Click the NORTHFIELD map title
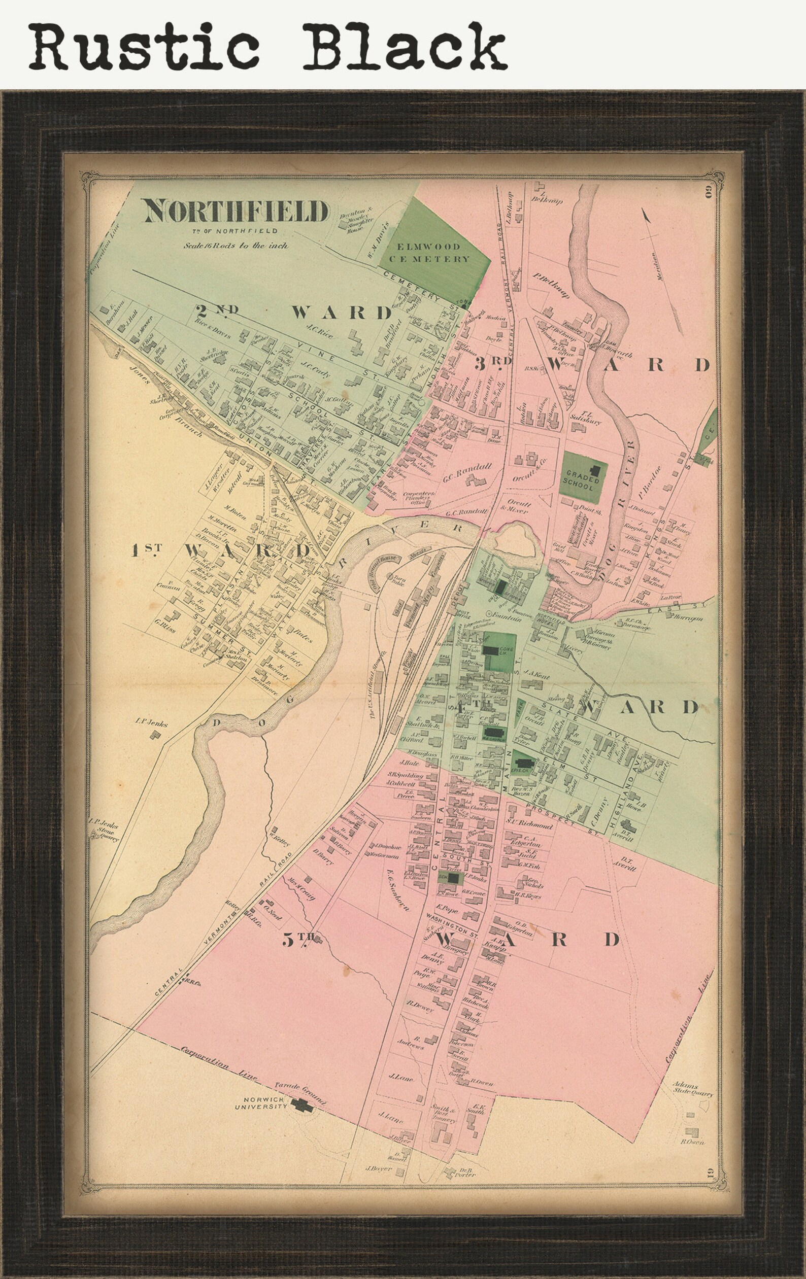point(236,212)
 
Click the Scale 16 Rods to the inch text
point(236,246)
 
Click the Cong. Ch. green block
point(499,652)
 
